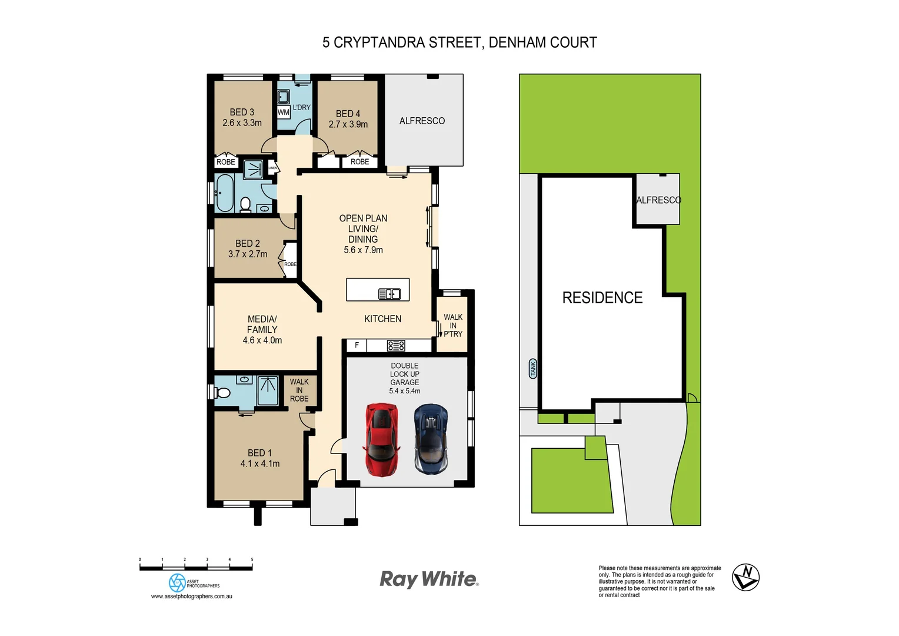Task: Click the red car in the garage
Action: point(382,439)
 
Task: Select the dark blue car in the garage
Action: point(431,439)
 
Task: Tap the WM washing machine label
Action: point(284,112)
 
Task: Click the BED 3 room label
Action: point(242,112)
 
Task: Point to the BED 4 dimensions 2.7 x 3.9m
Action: point(348,124)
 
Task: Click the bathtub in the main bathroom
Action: point(224,193)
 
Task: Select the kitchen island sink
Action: point(389,294)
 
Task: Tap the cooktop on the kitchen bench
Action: point(396,346)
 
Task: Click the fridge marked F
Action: point(357,345)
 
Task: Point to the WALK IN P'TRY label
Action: point(452,326)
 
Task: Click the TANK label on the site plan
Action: point(533,369)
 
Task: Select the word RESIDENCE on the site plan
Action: point(602,298)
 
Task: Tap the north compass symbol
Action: point(745,577)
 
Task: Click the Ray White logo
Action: point(429,579)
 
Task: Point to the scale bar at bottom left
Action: point(196,567)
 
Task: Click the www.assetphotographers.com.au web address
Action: point(192,597)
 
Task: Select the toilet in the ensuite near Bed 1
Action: point(222,393)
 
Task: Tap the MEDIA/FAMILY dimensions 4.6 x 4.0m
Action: point(262,340)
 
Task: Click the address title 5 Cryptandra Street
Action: point(459,42)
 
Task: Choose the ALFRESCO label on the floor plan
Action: point(422,121)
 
